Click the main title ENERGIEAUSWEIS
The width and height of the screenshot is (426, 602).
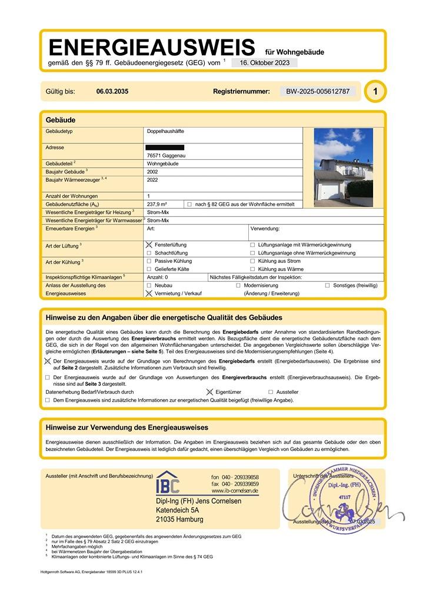point(151,48)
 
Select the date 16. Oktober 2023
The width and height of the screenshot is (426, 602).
point(264,63)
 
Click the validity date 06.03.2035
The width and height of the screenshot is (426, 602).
point(112,92)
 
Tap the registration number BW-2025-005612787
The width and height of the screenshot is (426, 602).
point(318,92)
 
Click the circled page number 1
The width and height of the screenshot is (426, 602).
point(375,92)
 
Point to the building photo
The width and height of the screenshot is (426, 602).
point(343,168)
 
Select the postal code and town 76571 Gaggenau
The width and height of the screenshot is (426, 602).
point(166,155)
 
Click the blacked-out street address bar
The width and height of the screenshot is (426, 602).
point(165,147)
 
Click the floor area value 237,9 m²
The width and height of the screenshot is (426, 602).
point(158,204)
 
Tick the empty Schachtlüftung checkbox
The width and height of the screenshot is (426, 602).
point(149,253)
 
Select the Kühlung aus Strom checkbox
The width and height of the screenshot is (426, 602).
point(252,261)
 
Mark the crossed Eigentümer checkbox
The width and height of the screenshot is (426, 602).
point(209,392)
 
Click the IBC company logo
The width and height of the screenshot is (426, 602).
point(168,483)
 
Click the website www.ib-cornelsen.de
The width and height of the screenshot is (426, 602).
point(234,491)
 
